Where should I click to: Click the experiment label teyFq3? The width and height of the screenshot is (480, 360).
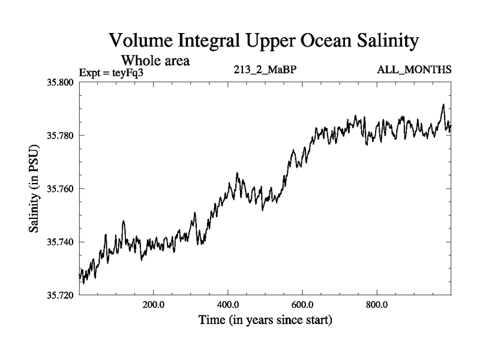click(x=114, y=71)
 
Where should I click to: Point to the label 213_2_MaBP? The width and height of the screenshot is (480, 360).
click(x=265, y=70)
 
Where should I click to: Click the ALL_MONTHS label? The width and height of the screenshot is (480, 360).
click(x=414, y=70)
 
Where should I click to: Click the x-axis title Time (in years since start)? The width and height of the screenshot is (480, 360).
click(x=265, y=320)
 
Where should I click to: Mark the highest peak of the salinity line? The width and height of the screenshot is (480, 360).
click(x=443, y=104)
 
